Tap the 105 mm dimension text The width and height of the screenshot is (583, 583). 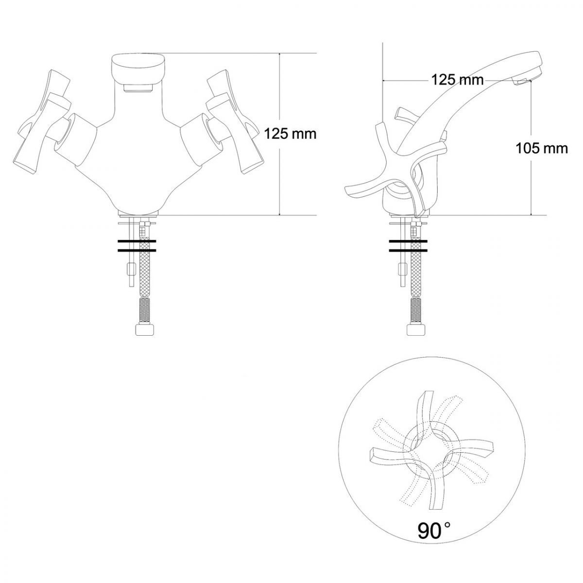click(542, 149)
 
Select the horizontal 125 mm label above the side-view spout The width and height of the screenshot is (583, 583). click(457, 80)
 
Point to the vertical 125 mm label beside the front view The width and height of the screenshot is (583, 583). click(291, 134)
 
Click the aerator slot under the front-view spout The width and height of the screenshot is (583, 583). click(138, 88)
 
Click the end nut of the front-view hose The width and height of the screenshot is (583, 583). click(144, 329)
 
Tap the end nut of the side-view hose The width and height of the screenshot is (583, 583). click(416, 329)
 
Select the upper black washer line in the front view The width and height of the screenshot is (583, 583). click(137, 241)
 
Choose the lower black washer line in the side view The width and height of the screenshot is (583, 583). click(408, 251)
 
